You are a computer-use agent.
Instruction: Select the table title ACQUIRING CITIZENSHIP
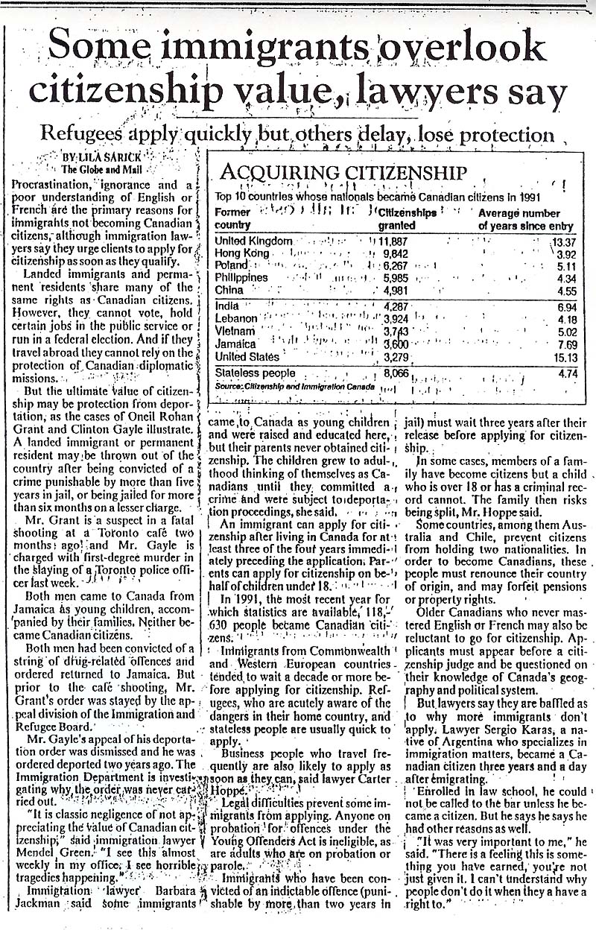point(343,174)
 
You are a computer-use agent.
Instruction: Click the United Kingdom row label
point(253,241)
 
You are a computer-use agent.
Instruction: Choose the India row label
point(227,306)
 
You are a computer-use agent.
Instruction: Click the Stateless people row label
point(255,373)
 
